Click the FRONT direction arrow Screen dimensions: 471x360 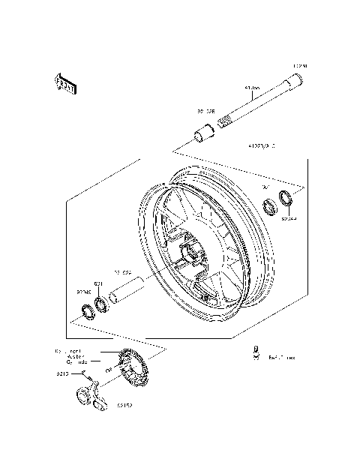pos(66,84)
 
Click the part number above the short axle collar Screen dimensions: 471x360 pos(205,110)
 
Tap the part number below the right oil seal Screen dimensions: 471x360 pos(289,219)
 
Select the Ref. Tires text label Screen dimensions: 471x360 pos(282,358)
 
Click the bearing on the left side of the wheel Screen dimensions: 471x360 pos(98,304)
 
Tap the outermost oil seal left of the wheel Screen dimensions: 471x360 pos(85,310)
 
